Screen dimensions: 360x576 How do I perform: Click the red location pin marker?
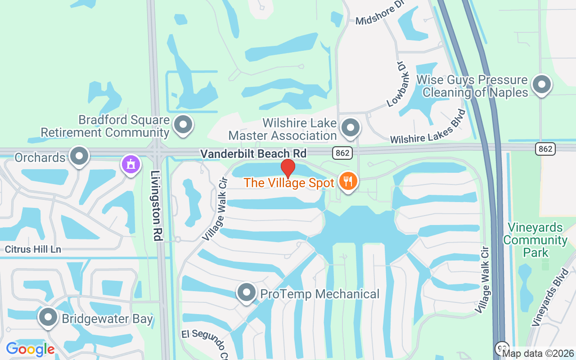tap(288, 169)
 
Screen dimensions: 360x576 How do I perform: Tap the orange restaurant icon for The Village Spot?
tap(347, 182)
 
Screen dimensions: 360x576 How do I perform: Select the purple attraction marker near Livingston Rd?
tap(130, 164)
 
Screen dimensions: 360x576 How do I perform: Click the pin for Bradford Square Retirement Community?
tap(183, 125)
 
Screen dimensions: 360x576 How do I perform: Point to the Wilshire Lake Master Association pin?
tap(350, 128)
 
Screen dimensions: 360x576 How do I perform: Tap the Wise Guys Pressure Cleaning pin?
tap(541, 84)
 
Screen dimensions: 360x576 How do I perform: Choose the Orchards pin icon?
tap(80, 156)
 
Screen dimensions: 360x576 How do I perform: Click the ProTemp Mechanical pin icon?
tap(246, 293)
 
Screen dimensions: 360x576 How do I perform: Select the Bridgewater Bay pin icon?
tap(48, 318)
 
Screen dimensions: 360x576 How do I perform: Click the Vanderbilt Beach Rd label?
tap(253, 154)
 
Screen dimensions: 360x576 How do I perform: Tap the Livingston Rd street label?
tap(157, 205)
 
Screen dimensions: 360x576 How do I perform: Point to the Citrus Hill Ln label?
tap(33, 249)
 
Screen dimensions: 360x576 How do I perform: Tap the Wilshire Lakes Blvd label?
tap(427, 126)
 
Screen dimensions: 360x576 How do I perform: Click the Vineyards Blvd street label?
tap(550, 297)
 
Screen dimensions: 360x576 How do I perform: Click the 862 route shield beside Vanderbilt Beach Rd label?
tap(342, 153)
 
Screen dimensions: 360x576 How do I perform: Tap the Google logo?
tap(30, 349)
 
